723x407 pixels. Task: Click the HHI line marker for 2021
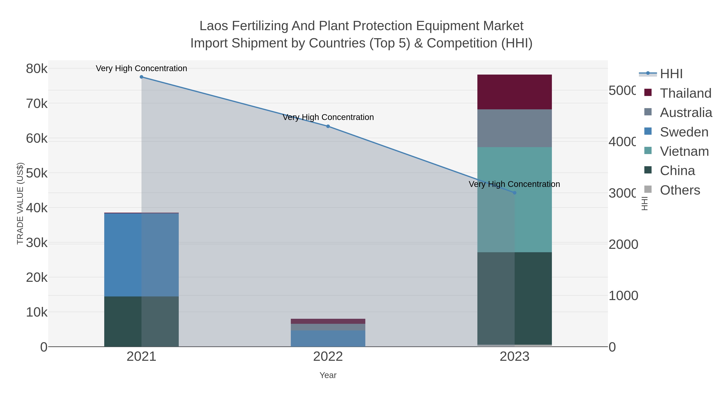(141, 77)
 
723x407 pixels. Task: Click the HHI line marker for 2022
(328, 126)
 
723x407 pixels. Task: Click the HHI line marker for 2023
(515, 193)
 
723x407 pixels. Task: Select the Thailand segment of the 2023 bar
(515, 92)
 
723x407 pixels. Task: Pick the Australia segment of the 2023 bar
(515, 128)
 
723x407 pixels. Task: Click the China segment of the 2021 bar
(123, 321)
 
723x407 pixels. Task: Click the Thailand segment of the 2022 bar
(328, 321)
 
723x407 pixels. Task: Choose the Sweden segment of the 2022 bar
(328, 338)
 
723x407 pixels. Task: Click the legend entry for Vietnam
(684, 151)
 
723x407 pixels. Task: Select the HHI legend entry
(671, 74)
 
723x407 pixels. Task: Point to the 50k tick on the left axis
(37, 173)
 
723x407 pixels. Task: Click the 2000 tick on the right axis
(623, 244)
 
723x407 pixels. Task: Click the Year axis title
(328, 375)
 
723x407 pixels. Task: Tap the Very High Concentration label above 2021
(141, 68)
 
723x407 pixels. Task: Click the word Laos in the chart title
(214, 26)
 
